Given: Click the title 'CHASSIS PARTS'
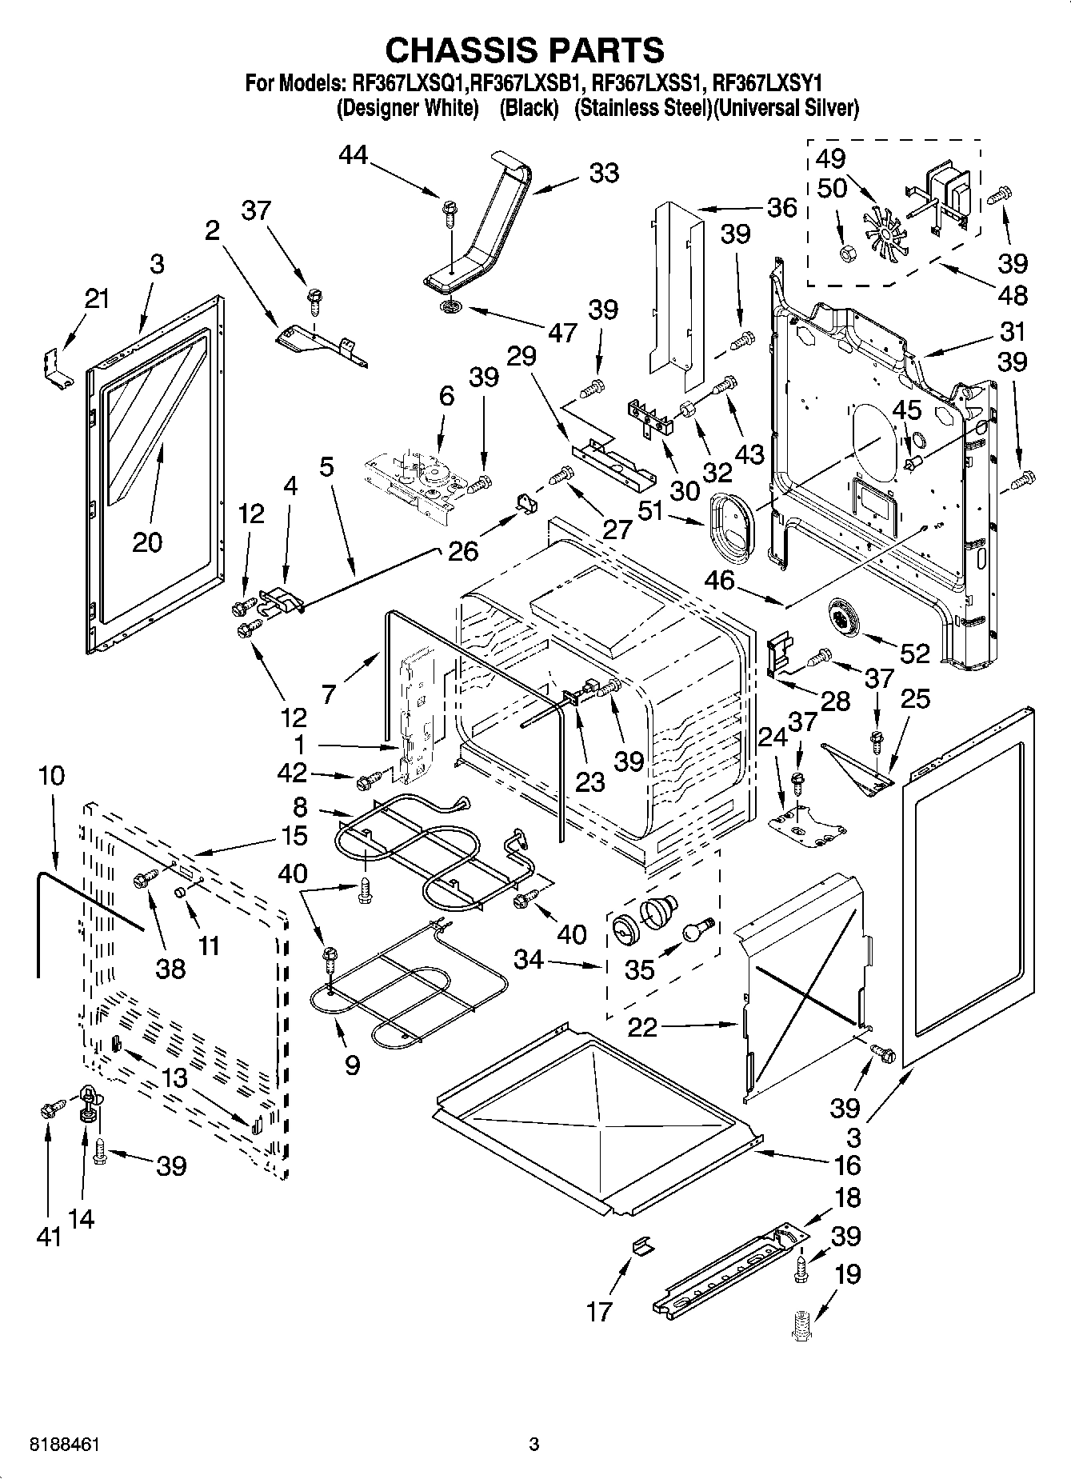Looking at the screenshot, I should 525,50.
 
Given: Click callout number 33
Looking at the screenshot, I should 604,173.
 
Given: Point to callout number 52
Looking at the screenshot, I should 915,654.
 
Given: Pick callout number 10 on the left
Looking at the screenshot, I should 50,775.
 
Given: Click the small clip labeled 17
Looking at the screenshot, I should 641,1246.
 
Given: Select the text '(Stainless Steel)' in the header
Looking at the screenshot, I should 642,108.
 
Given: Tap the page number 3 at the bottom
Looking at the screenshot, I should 534,1445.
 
